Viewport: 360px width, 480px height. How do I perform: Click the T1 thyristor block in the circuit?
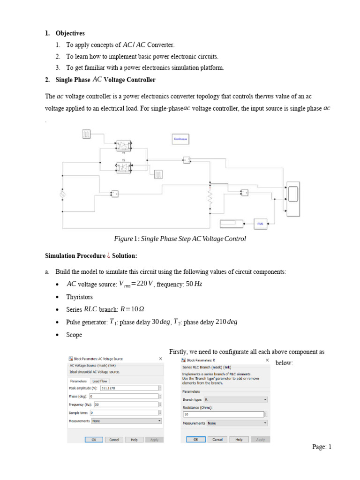click(124, 145)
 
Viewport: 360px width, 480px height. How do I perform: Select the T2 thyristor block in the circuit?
click(124, 166)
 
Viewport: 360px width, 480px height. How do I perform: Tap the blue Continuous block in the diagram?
click(180, 139)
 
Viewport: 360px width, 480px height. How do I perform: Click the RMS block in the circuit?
click(260, 224)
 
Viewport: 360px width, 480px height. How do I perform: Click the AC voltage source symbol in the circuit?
click(62, 194)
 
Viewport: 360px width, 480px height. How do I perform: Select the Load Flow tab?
click(100, 381)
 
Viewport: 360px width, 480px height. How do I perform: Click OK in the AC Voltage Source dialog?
click(93, 440)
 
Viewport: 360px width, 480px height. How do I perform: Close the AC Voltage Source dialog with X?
click(160, 359)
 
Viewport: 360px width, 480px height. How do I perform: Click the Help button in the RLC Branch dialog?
click(239, 440)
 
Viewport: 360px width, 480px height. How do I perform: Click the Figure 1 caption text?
click(180, 239)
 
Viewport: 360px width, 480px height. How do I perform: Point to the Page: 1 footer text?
click(322, 447)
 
